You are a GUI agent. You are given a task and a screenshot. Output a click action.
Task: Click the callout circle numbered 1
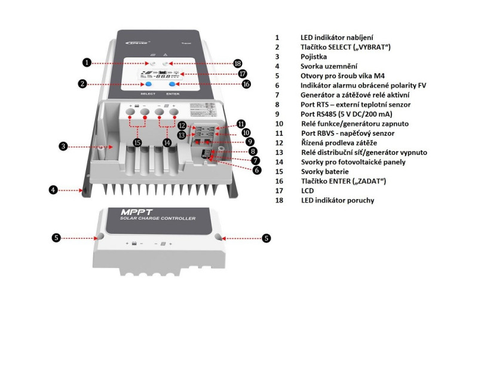tap(87, 62)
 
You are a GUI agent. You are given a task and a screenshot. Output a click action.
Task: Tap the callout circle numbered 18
tap(238, 63)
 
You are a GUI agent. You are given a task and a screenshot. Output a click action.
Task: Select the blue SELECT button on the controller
tap(148, 85)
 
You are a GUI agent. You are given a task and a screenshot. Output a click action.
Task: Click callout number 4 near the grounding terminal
tap(53, 190)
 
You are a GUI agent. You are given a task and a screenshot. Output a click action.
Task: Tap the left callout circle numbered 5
tap(56, 238)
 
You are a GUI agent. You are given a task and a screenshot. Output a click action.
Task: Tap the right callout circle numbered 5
tap(266, 238)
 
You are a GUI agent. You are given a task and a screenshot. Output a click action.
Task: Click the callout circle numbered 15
tap(137, 142)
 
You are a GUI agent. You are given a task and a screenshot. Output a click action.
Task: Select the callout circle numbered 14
tap(167, 142)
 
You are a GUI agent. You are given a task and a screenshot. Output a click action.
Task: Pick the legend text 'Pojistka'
tap(314, 57)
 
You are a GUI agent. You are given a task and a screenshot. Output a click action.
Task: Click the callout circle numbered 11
tap(241, 123)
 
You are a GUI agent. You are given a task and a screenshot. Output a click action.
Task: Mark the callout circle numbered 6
tap(258, 170)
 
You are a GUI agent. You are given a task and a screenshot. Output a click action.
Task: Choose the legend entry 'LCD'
tap(307, 190)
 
